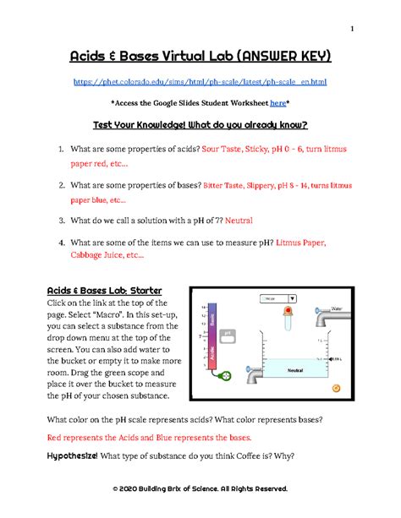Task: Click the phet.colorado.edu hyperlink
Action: (200, 81)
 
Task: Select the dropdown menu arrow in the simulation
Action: (293, 298)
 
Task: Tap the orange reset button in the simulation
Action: (338, 387)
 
